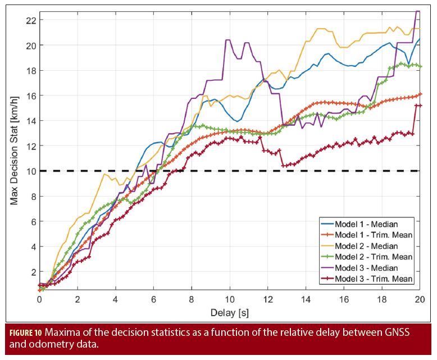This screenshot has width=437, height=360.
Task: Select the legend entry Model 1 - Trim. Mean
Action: [x=374, y=235]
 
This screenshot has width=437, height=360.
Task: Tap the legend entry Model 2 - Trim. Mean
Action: [x=374, y=257]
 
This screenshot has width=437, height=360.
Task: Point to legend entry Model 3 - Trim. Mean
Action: [x=374, y=279]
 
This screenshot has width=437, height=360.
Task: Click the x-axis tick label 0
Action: [x=39, y=299]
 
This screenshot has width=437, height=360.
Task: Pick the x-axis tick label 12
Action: [x=268, y=299]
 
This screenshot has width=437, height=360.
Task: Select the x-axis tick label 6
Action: [x=153, y=299]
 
